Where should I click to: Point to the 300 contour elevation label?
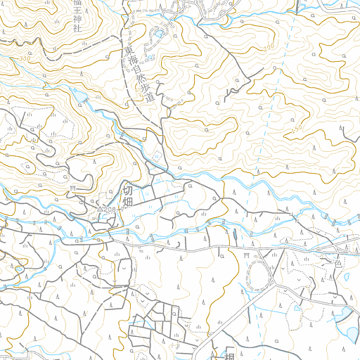[x=25, y=60]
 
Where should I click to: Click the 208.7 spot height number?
[x=113, y=210]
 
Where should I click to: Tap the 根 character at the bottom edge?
[x=229, y=355]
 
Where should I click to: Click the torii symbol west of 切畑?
[x=72, y=188]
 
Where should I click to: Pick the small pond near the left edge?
[x=18, y=269]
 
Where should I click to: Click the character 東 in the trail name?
[x=128, y=51]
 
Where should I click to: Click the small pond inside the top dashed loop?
[x=159, y=34]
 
